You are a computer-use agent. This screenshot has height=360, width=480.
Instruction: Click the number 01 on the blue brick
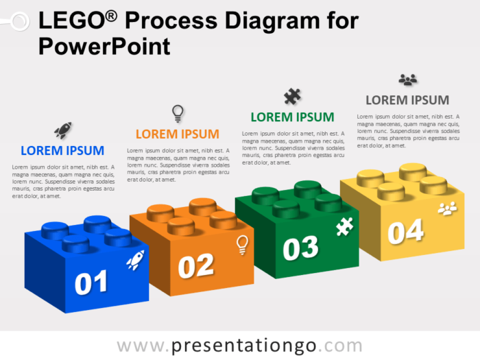click(x=91, y=283)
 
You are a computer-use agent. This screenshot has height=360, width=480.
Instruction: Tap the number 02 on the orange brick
click(x=196, y=265)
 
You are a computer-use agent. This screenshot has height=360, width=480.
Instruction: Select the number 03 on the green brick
click(x=301, y=248)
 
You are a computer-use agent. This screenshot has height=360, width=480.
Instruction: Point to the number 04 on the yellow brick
click(x=405, y=231)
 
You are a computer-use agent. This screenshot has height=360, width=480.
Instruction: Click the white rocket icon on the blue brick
click(x=135, y=259)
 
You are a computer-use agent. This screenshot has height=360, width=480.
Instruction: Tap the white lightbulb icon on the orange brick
click(x=241, y=245)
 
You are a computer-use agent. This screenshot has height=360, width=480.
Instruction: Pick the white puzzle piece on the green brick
click(x=344, y=227)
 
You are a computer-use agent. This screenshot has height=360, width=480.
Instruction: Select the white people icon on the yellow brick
click(x=447, y=208)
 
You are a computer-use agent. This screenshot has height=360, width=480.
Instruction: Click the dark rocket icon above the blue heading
click(x=62, y=130)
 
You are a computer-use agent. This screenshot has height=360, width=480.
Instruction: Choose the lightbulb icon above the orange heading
click(x=178, y=112)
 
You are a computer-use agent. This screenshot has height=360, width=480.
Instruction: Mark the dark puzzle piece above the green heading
click(x=292, y=96)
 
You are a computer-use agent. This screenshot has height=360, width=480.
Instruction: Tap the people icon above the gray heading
click(x=407, y=80)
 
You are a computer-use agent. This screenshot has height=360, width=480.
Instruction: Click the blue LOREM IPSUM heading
click(x=62, y=150)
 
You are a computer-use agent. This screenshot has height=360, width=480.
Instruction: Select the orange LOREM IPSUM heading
click(x=178, y=134)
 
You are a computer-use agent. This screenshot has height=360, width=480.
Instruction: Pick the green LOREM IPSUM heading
click(x=292, y=117)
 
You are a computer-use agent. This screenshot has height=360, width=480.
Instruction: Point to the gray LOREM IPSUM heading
click(x=407, y=100)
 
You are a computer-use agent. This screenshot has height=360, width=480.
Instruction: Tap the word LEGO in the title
click(x=68, y=21)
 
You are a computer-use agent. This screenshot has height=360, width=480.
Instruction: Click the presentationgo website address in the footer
click(x=239, y=345)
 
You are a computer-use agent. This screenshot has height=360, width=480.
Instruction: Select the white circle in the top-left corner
click(x=19, y=21)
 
